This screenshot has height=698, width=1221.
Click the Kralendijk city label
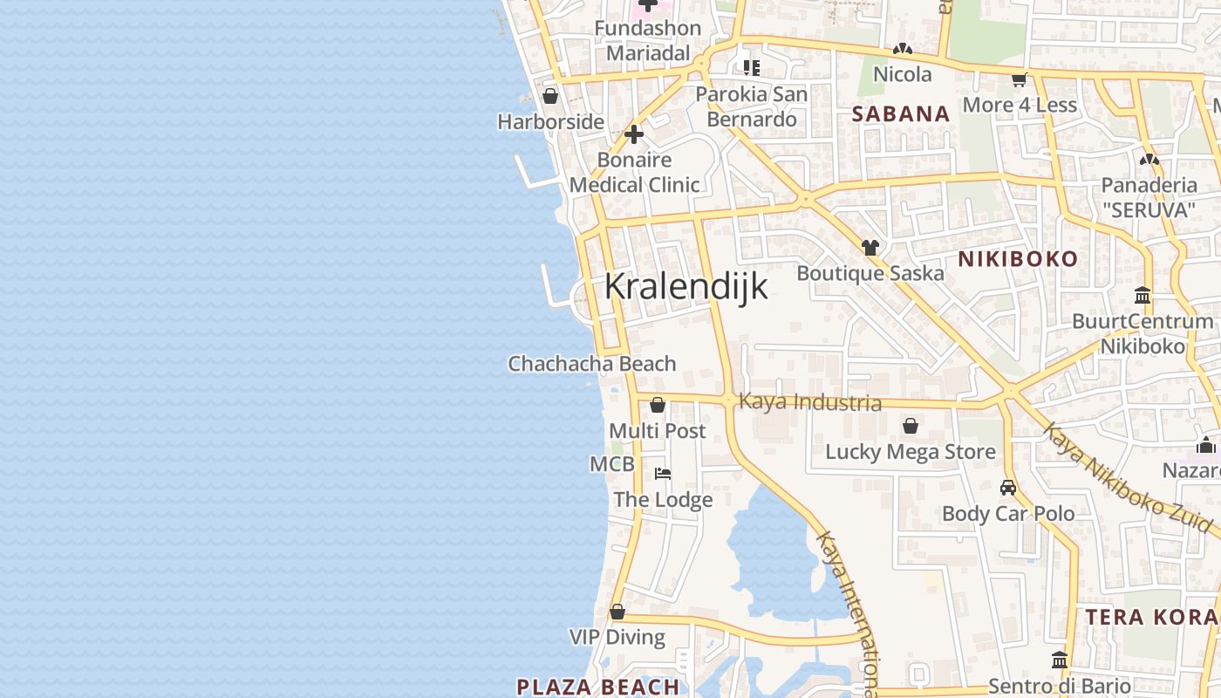click(686, 286)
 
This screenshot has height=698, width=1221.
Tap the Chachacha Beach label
click(592, 364)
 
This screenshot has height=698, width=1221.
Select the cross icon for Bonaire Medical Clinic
click(634, 134)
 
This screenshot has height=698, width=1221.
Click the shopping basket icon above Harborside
click(550, 96)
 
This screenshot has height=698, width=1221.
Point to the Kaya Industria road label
click(809, 402)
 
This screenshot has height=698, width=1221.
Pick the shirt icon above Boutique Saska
click(870, 248)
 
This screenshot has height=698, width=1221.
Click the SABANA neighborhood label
click(901, 113)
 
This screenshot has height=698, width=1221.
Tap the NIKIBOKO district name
click(1018, 259)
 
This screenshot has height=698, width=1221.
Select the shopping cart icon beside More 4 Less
click(1019, 79)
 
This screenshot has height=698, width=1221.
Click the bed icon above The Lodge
click(663, 474)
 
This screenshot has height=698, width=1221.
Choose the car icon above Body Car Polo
click(1008, 488)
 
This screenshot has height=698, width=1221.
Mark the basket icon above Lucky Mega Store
click(911, 426)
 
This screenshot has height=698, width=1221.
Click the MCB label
click(612, 464)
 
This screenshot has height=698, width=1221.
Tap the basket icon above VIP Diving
click(617, 612)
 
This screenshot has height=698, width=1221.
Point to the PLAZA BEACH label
click(598, 687)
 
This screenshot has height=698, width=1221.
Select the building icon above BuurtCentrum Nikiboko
click(1143, 295)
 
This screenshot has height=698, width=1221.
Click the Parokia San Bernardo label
click(752, 106)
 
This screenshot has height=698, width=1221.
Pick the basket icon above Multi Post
click(658, 405)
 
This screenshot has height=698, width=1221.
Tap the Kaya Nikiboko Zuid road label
click(1128, 478)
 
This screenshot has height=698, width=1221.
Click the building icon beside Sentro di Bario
click(1060, 660)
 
